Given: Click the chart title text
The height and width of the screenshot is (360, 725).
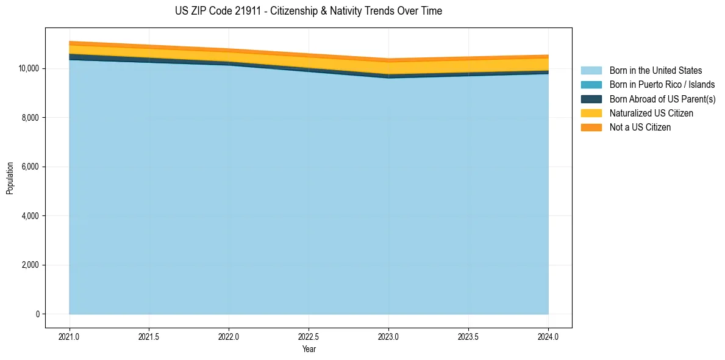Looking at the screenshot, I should pos(309,11).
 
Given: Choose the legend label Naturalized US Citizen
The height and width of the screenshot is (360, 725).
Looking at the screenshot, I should pos(651,113).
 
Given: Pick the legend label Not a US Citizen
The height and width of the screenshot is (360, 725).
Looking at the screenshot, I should pos(640,128).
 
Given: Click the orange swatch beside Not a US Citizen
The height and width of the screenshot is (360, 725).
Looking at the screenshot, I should pos(591,128).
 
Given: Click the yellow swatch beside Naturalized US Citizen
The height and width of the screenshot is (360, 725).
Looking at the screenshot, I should pos(591,113).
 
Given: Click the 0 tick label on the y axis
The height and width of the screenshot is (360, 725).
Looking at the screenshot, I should pos(37,314).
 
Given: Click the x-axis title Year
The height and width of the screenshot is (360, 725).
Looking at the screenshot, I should pos(309,349).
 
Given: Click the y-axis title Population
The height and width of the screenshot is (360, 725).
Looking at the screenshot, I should pos(10,178).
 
